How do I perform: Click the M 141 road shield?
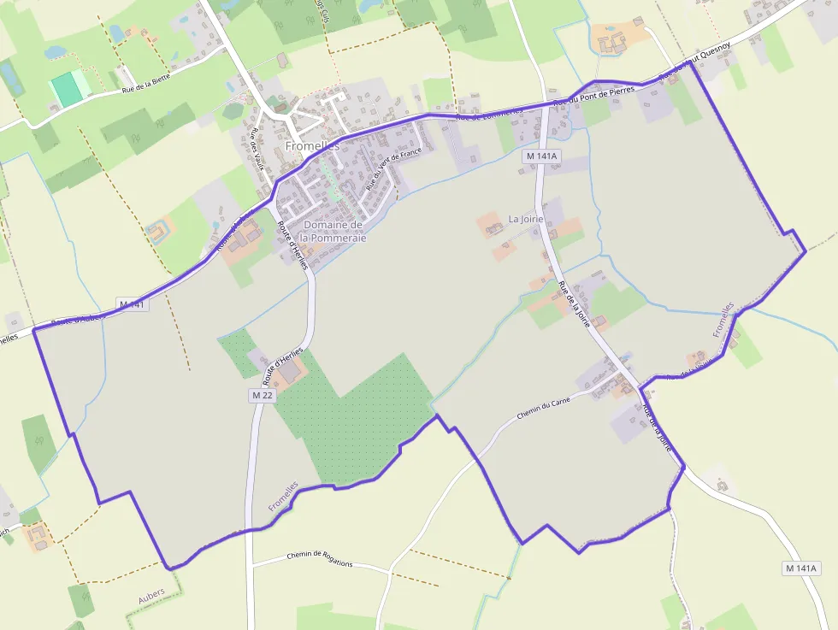coord(133,304)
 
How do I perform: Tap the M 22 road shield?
coord(263,395)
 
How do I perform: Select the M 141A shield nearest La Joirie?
coord(542,156)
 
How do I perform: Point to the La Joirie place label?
coord(526,219)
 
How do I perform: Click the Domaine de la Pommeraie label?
coord(334,231)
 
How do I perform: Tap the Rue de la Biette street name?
coord(146,83)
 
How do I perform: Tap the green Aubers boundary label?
coord(151,597)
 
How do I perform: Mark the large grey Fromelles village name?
coord(312,146)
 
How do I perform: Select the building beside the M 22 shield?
coord(292,372)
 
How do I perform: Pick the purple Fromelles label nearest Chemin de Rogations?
coord(283,496)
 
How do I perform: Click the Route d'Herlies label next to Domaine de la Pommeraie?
coord(292,246)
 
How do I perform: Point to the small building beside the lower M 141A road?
coord(723,486)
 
